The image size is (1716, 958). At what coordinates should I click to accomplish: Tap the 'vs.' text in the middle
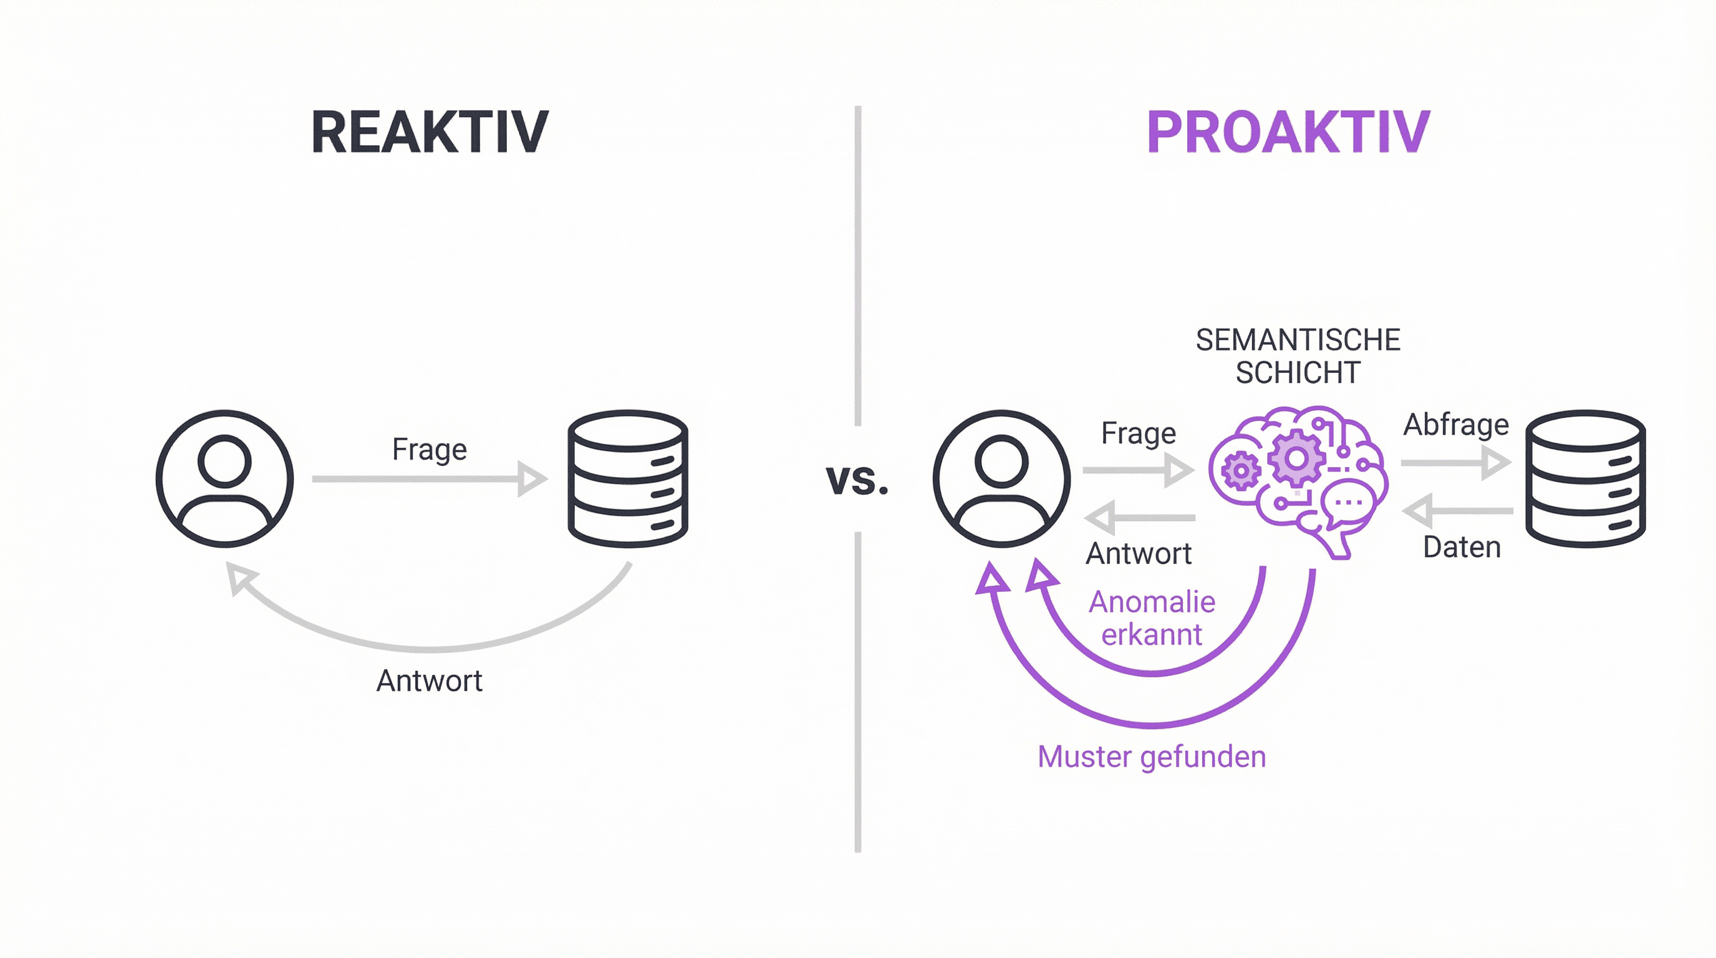857,479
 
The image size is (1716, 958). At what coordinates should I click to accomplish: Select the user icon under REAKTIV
224,478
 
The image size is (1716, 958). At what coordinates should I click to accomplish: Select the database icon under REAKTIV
627,478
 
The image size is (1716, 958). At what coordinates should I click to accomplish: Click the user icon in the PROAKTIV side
1001,478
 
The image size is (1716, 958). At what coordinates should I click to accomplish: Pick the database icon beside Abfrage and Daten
1586,478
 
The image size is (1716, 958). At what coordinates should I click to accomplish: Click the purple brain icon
1298,480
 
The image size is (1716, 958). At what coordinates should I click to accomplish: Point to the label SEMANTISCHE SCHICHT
1298,356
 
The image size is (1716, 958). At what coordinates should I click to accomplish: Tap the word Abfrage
1455,425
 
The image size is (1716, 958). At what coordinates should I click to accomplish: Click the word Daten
1462,548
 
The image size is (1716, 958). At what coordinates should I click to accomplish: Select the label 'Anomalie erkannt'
1152,617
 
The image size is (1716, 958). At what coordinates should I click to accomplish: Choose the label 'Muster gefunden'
1152,757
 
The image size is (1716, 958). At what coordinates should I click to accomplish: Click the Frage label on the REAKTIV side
430,449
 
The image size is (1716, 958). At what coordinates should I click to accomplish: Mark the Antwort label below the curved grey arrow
430,681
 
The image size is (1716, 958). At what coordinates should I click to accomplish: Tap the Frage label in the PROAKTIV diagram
1139,433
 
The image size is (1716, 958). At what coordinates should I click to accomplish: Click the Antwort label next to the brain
1139,554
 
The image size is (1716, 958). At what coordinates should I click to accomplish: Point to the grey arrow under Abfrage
1455,462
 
